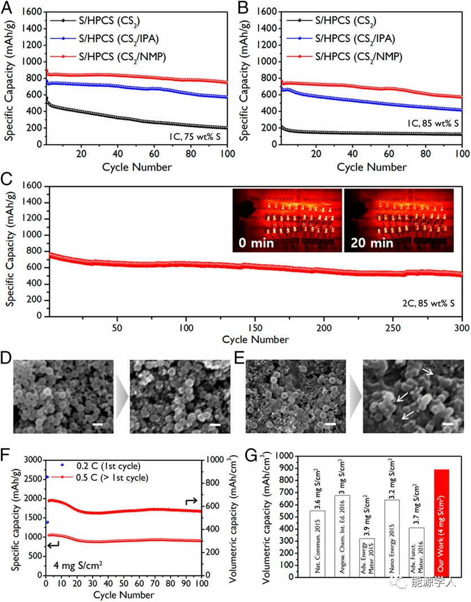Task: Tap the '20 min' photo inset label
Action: point(370,243)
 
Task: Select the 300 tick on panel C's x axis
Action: point(461,328)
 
